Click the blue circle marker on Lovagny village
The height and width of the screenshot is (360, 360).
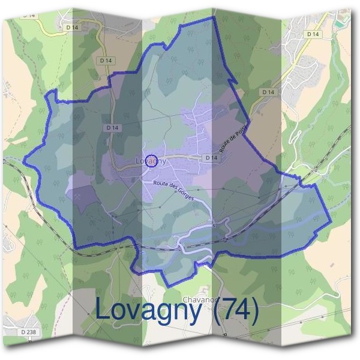coord(152,160)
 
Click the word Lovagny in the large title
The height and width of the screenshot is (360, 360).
coord(149,311)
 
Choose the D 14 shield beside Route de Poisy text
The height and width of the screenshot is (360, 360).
coord(209,157)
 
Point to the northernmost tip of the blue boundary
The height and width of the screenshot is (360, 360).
coord(212,17)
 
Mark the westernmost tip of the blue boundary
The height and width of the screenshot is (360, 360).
coord(24,161)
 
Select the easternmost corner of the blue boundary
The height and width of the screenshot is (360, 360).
coord(331,224)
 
